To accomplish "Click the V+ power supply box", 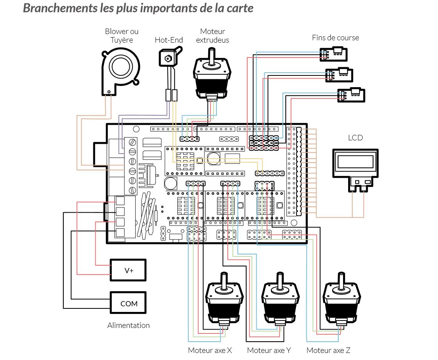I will click(128, 270).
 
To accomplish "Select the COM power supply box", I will click(128, 303).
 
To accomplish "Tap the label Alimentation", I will click(128, 325).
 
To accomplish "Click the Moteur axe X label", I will click(210, 350).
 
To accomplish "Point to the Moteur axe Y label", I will click(269, 350).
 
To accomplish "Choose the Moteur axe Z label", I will click(328, 350).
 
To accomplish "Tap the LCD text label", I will click(355, 138).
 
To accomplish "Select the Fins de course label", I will click(335, 38).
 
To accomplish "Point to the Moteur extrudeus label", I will click(213, 36).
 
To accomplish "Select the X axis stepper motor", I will click(224, 299).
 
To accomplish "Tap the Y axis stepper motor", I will click(279, 299).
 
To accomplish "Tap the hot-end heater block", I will click(168, 57).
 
